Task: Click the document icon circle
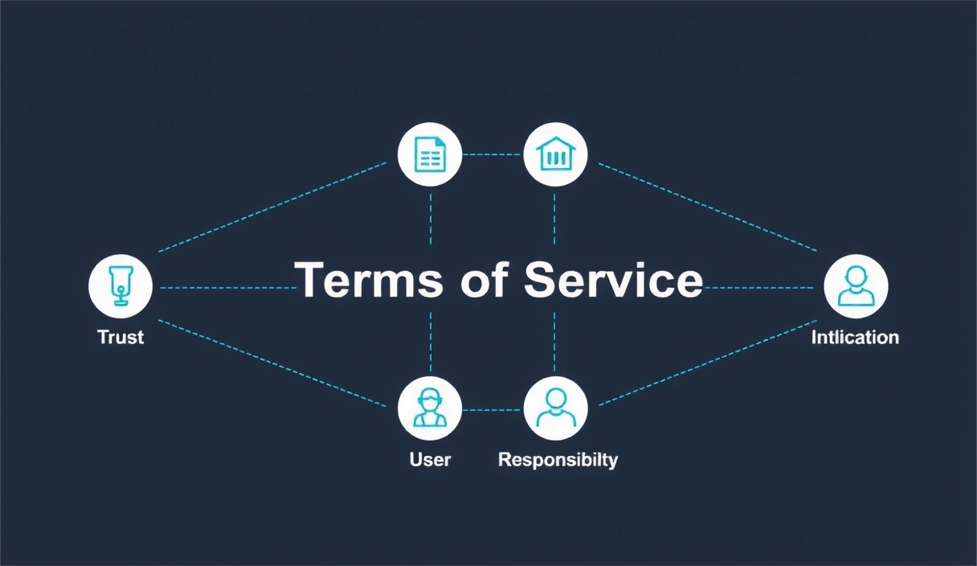click(x=430, y=154)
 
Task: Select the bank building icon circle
click(x=555, y=154)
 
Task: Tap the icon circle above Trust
click(x=121, y=287)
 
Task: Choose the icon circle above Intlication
click(x=856, y=287)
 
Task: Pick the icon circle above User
click(x=430, y=408)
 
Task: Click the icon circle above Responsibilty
click(x=555, y=408)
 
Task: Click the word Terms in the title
click(x=369, y=281)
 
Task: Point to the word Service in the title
click(x=613, y=281)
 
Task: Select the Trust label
click(x=121, y=337)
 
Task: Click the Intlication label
click(x=855, y=337)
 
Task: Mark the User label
click(x=430, y=460)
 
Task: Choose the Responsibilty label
click(x=558, y=460)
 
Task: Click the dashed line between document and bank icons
click(x=493, y=154)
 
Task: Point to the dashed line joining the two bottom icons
click(x=493, y=409)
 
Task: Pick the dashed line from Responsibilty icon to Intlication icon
click(x=707, y=364)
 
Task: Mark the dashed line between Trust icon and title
click(x=225, y=287)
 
